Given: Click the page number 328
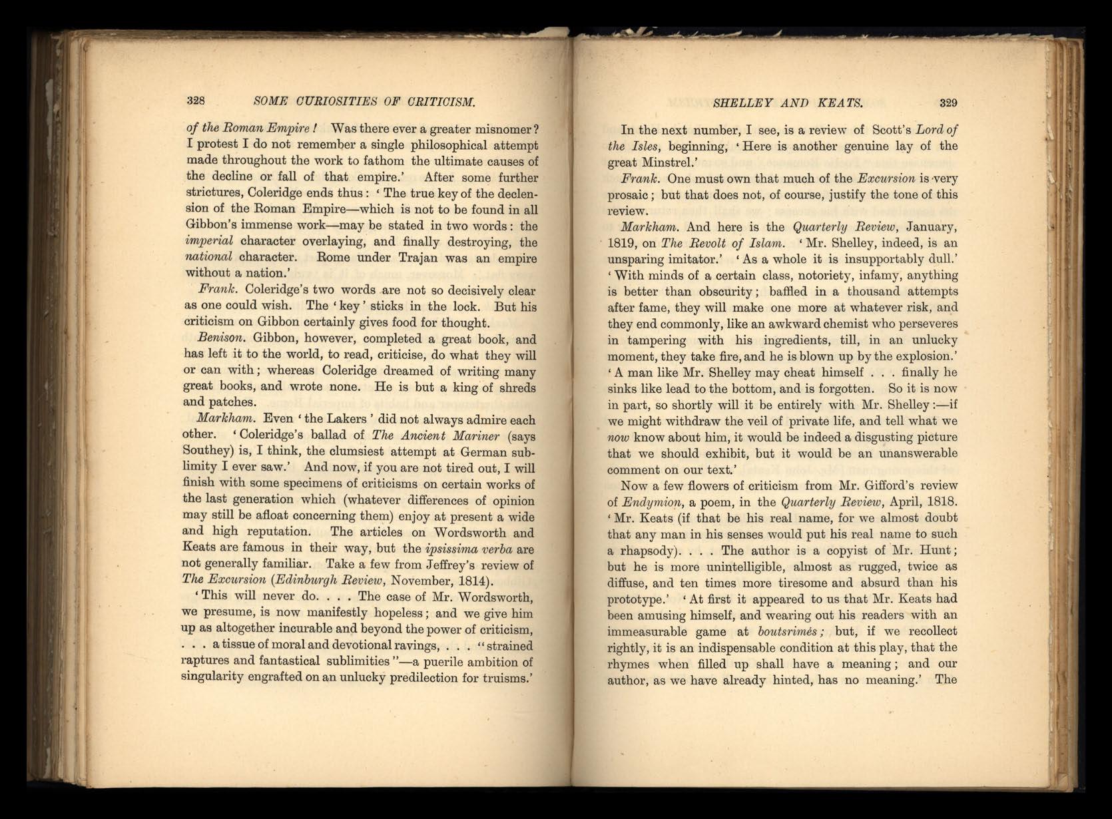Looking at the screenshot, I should point(194,101).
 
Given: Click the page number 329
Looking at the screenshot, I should point(948,103).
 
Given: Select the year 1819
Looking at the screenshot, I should point(621,243).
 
